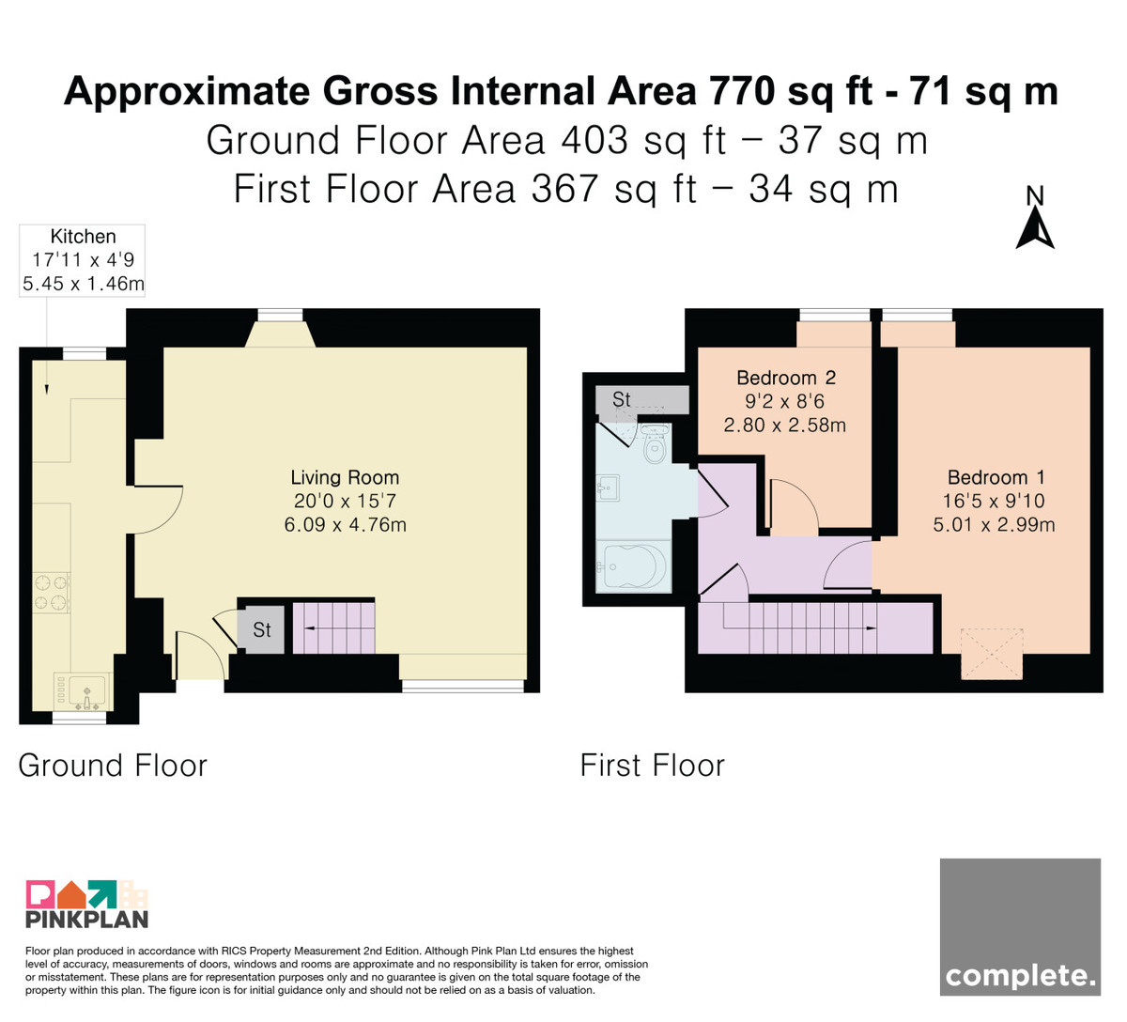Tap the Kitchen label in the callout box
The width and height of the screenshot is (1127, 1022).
point(84,237)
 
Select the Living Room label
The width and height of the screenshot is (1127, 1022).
point(345,478)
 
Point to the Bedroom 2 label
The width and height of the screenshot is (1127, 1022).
point(786,378)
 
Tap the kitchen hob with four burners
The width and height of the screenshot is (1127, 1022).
point(52,593)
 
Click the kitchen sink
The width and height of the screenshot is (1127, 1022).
point(84,691)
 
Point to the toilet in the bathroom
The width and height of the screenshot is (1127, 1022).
point(654,444)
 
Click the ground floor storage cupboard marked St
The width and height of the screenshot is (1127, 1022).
point(261,629)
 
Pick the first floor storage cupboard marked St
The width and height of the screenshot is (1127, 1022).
point(642,400)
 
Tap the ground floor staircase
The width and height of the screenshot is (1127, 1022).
point(333,627)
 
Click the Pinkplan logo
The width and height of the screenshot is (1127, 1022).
point(87,905)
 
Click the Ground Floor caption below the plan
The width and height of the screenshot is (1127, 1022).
point(113,766)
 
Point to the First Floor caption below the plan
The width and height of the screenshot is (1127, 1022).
point(653,766)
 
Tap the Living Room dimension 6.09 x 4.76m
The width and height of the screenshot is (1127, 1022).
point(345,525)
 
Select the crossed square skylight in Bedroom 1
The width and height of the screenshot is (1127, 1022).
point(992,654)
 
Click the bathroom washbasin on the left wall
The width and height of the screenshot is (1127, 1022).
point(608,488)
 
